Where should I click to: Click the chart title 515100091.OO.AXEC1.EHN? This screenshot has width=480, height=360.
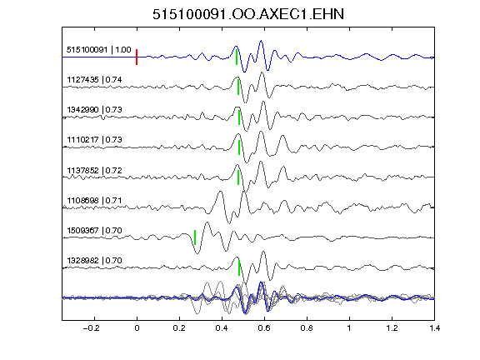tap(248, 14)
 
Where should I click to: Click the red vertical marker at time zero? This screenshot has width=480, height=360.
tap(137, 57)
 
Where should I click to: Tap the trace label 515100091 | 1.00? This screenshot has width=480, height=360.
tap(99, 50)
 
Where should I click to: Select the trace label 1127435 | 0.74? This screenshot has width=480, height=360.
tap(94, 80)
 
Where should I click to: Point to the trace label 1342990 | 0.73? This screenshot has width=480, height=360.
tap(94, 110)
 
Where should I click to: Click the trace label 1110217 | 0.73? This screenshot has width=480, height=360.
tap(94, 140)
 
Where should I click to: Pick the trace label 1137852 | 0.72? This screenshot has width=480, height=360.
tap(94, 170)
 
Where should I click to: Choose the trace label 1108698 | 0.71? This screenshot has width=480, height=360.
tap(94, 201)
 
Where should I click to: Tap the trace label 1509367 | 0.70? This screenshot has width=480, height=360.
tap(94, 230)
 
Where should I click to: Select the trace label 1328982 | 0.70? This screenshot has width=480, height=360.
tap(94, 261)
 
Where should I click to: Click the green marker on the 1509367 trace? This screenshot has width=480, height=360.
tap(195, 237)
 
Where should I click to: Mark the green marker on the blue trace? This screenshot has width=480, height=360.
tap(237, 57)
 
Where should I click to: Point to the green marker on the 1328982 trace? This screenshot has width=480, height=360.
tap(239, 267)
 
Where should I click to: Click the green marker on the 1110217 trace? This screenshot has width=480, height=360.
tap(239, 147)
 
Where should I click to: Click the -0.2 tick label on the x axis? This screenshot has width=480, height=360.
tap(91, 328)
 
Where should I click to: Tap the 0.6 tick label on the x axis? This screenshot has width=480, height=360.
tap(264, 328)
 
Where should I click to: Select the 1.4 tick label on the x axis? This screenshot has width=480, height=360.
tap(434, 328)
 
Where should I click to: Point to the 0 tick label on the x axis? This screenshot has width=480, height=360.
tap(137, 328)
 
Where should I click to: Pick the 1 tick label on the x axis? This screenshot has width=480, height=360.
tap(349, 328)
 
